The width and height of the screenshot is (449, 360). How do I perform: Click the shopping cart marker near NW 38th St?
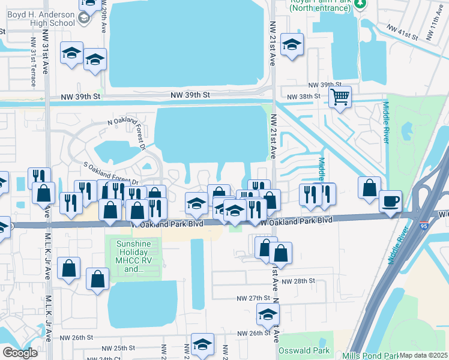[x=340, y=96]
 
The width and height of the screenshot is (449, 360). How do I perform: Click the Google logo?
[x=20, y=352]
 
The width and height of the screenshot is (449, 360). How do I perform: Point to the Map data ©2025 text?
[x=423, y=355]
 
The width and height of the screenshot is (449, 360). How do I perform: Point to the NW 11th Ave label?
[x=436, y=29]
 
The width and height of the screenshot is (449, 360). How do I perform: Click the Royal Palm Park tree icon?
[x=360, y=4]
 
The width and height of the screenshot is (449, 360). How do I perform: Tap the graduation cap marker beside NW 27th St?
[x=268, y=313]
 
